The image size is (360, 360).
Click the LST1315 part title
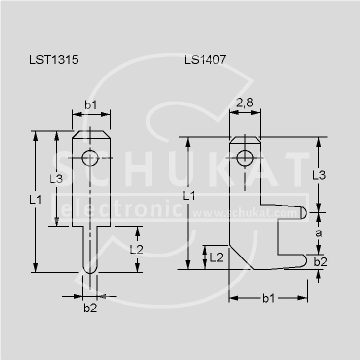pos(54,60)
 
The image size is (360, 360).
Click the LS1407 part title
pos(205,60)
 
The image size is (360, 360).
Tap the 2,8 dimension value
pos(245,103)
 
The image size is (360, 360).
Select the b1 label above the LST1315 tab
pos(91,105)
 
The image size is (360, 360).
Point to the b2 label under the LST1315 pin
pos(90,308)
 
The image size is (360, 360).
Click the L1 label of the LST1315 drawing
pos(36,200)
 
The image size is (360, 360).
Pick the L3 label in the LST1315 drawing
pos(56,179)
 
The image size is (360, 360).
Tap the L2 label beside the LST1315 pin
pos(137,250)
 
